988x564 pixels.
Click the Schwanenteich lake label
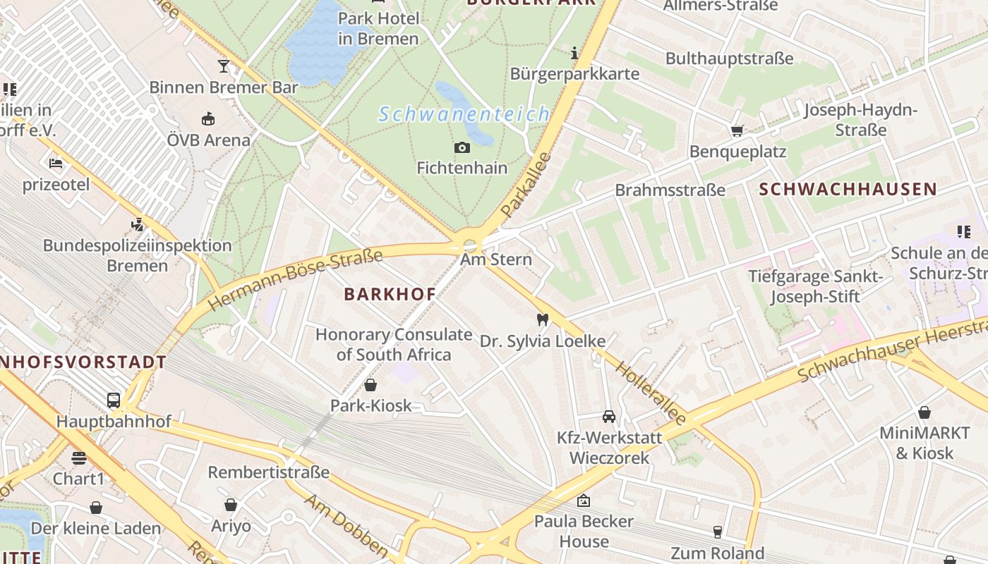(463, 114)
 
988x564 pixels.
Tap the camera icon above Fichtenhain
(462, 147)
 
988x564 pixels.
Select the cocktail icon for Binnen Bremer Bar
(224, 66)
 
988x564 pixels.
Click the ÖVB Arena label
(208, 140)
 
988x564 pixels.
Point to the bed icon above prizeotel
(56, 164)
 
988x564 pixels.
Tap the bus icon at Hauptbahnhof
(113, 400)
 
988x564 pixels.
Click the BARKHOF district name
(390, 294)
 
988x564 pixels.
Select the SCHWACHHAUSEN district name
(848, 189)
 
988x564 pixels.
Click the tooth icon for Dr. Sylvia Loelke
(542, 319)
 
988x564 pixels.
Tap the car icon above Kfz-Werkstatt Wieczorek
(609, 416)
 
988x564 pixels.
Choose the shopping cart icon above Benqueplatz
(737, 130)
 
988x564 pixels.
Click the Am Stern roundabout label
(495, 259)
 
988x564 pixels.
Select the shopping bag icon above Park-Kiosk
(370, 385)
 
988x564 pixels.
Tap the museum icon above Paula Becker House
(583, 501)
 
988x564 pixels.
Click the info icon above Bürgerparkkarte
(574, 53)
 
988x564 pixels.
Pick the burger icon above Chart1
(78, 458)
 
